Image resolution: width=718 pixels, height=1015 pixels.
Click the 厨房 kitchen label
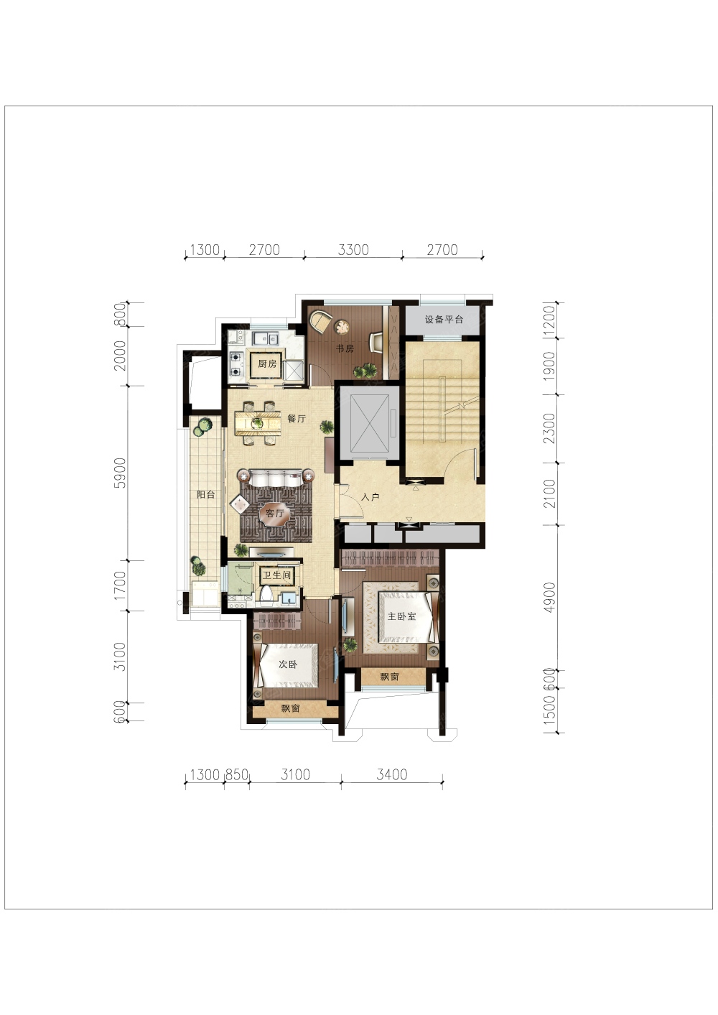pos(267,364)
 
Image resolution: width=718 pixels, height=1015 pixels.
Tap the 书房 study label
pos(345,348)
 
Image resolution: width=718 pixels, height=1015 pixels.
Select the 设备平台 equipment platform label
pos(444,320)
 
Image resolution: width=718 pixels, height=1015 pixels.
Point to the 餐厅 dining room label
pos(297,418)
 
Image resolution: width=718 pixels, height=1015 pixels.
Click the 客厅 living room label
pos(274,514)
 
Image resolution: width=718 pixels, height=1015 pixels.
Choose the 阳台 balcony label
pos(205,494)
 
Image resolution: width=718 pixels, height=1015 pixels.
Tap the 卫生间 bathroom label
pos(276,575)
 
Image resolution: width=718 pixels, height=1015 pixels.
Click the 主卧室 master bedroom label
pos(402,616)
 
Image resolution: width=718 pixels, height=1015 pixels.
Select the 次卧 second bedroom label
pos(288,664)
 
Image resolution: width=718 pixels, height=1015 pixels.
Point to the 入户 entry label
pos(370,496)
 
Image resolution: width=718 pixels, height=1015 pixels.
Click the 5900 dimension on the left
pos(120,473)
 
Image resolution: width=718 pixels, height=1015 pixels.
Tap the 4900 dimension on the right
pos(549,597)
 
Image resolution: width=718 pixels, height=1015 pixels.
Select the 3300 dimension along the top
pos(353,250)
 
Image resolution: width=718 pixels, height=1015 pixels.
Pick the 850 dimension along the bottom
pos(236,774)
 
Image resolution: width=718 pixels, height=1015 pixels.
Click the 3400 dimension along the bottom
pos(392,774)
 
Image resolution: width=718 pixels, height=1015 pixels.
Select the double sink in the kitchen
pos(266,338)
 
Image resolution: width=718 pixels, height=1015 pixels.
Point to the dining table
pos(258,423)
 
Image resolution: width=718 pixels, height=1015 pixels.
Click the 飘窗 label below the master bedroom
pos(390,677)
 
